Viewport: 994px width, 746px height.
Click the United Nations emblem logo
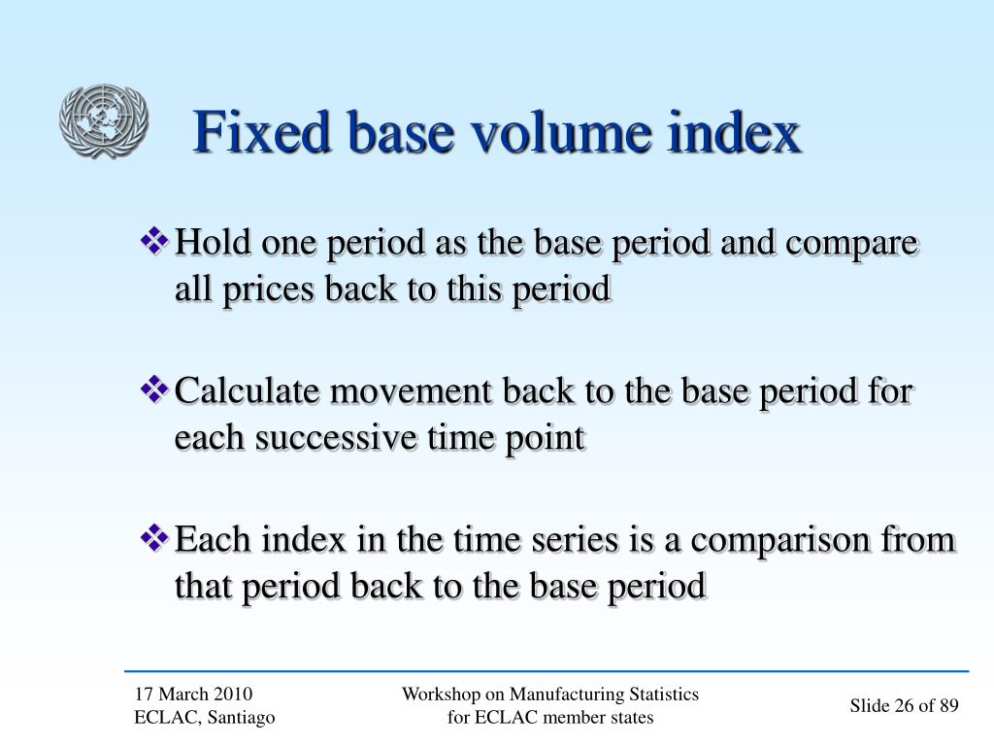click(103, 121)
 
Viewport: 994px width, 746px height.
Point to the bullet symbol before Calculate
click(155, 390)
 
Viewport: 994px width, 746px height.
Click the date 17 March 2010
click(193, 694)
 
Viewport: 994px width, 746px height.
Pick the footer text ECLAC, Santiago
click(205, 717)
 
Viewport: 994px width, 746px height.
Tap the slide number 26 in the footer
click(905, 706)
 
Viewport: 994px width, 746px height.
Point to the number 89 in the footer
click(947, 706)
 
